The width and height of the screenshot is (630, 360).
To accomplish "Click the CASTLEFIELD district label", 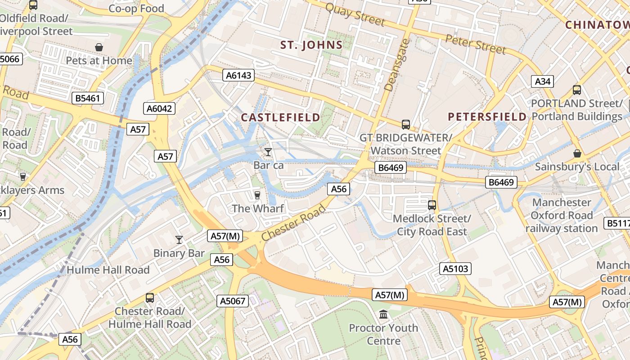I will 281,117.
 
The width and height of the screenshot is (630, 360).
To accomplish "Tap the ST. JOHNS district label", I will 311,45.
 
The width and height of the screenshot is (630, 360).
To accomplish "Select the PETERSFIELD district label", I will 487,117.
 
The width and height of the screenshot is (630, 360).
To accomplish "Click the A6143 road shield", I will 238,75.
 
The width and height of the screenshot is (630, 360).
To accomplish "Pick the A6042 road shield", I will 160,108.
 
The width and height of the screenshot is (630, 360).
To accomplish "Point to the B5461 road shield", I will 88,98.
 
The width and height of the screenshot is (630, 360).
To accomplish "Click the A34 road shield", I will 542,81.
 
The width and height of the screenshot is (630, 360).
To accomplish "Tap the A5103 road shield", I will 455,269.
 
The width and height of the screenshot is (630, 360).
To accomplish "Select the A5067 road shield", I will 233,301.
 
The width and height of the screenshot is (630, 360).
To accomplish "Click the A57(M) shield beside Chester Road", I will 226,236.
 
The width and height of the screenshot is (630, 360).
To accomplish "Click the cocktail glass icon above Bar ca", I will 268,152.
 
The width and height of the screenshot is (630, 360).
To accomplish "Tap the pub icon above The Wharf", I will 257,195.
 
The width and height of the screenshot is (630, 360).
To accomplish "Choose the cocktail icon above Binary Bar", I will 179,240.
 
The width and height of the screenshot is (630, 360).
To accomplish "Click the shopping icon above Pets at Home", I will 99,47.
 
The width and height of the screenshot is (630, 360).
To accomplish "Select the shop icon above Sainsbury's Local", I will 577,154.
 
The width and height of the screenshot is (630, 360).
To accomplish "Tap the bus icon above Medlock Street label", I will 432,205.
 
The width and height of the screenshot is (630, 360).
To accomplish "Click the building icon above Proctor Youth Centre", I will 383,314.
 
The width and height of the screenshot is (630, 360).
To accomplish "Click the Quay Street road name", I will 355,14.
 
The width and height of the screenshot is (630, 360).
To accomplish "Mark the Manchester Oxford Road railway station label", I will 562,215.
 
